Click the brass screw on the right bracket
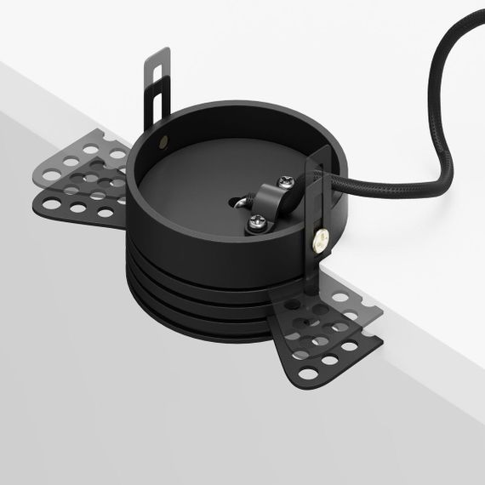321,242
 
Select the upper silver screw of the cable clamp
286,180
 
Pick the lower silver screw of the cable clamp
257,224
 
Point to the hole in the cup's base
235,202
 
